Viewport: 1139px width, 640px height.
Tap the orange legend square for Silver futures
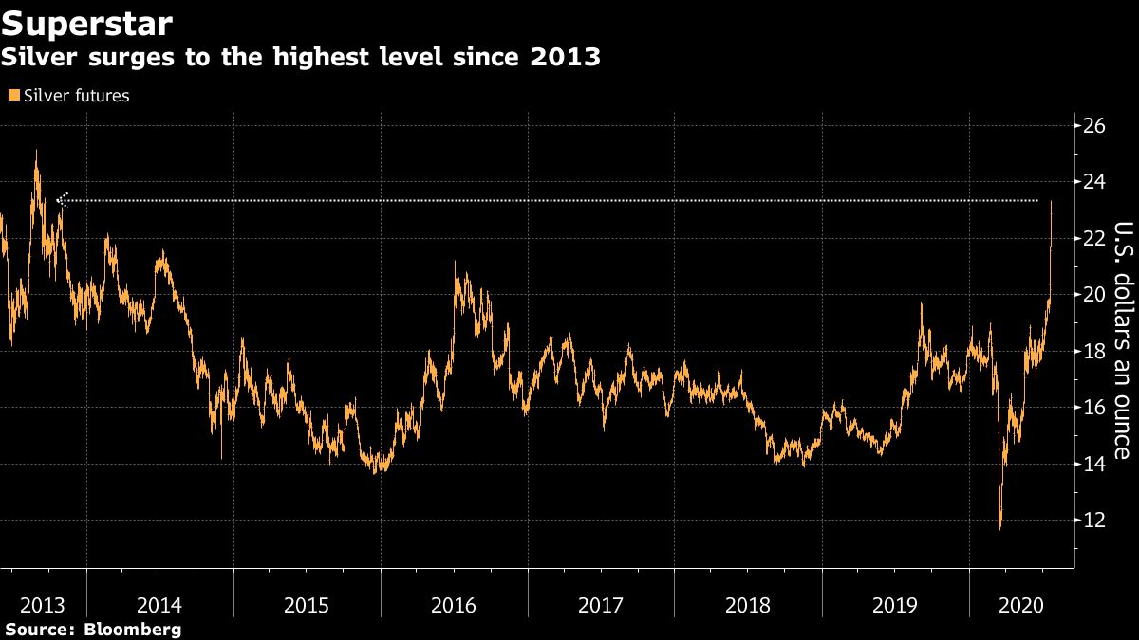pos(12,96)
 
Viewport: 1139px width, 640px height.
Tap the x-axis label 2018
pos(748,604)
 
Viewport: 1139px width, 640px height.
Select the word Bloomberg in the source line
pos(133,629)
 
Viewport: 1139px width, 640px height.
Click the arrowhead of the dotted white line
pos(62,200)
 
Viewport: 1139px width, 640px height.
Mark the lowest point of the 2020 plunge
pos(999,528)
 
